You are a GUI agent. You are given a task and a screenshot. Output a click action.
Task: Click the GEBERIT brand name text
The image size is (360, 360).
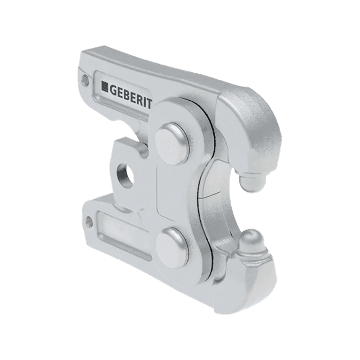tap(130, 96)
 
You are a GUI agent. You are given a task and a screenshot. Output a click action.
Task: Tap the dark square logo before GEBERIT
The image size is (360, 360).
tap(105, 87)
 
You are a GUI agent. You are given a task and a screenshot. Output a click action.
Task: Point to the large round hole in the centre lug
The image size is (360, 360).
tap(125, 176)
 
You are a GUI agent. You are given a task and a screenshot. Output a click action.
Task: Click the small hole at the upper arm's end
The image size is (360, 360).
tap(85, 80)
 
